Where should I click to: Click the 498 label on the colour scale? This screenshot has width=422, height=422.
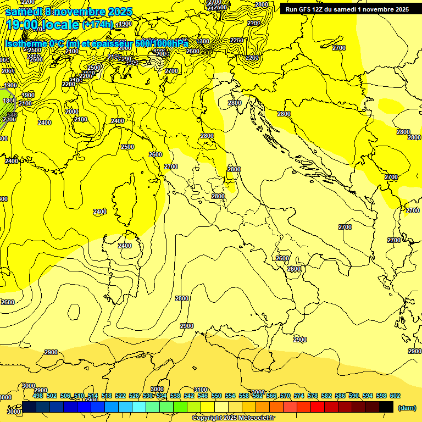pos(38,396)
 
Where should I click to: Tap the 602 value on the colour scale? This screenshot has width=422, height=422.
pos(395,396)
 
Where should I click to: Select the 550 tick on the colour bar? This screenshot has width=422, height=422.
pos(216,396)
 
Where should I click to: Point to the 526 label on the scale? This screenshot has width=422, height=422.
pos(134,396)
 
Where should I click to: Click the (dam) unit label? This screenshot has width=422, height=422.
pos(407,407)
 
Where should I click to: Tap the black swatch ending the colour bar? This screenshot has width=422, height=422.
pos(386,407)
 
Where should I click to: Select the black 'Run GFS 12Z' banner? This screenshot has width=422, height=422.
pos(347,9)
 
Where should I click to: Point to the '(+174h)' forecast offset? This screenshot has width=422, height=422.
pos(98,25)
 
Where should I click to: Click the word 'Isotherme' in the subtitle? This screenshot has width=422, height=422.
pos(25,43)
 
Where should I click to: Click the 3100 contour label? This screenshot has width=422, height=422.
pos(201,390)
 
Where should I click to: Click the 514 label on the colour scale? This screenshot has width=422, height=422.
pos(93,396)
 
